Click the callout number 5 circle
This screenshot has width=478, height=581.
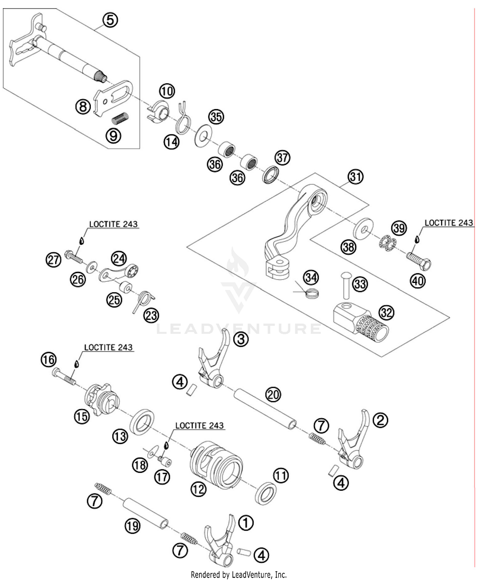[110, 20]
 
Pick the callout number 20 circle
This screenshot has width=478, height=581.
[273, 394]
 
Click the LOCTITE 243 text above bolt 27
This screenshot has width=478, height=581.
[113, 224]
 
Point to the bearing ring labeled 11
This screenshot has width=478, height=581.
[266, 493]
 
